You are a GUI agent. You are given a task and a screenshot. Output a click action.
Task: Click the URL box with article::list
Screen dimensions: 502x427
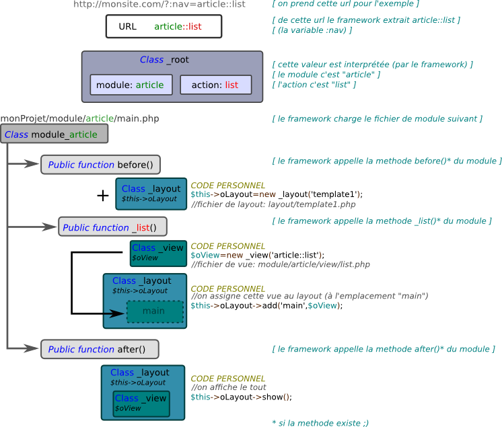pos(164,26)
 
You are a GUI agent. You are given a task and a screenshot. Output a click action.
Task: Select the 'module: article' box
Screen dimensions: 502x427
pos(131,85)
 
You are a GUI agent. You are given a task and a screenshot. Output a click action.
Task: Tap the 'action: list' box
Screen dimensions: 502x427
pos(216,85)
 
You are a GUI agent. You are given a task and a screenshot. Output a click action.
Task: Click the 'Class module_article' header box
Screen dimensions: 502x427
pos(55,134)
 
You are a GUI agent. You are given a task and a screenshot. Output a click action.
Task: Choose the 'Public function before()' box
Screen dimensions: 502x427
pos(100,165)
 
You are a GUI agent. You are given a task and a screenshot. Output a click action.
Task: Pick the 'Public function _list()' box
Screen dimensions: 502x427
pos(112,227)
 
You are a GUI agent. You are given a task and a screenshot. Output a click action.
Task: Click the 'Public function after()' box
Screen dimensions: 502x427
pos(100,349)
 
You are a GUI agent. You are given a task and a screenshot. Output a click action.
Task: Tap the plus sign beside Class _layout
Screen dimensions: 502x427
pos(103,196)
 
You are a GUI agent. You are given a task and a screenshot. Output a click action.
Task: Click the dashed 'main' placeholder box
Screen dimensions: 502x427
pos(155,311)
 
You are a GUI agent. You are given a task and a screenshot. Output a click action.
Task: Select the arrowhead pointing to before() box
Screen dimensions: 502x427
pos(32,164)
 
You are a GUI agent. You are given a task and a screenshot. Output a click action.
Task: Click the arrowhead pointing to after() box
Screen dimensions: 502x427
pos(32,348)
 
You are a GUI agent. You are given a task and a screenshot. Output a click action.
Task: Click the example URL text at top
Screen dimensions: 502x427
pos(159,4)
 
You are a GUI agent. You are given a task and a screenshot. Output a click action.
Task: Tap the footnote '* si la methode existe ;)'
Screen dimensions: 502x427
pos(320,423)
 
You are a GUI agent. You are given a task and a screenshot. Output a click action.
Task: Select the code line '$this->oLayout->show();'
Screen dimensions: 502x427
pos(242,397)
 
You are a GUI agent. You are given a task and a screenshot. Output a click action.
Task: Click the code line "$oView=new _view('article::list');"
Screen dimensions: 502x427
pos(258,255)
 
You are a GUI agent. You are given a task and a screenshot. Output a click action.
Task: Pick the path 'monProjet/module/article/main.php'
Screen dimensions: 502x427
pos(79,118)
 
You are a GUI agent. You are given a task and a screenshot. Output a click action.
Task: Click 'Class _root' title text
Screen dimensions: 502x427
pos(164,60)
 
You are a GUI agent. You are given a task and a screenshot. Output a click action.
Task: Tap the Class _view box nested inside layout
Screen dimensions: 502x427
pos(141,403)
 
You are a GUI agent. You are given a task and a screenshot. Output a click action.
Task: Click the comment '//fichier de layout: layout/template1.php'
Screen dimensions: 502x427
pos(273,204)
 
